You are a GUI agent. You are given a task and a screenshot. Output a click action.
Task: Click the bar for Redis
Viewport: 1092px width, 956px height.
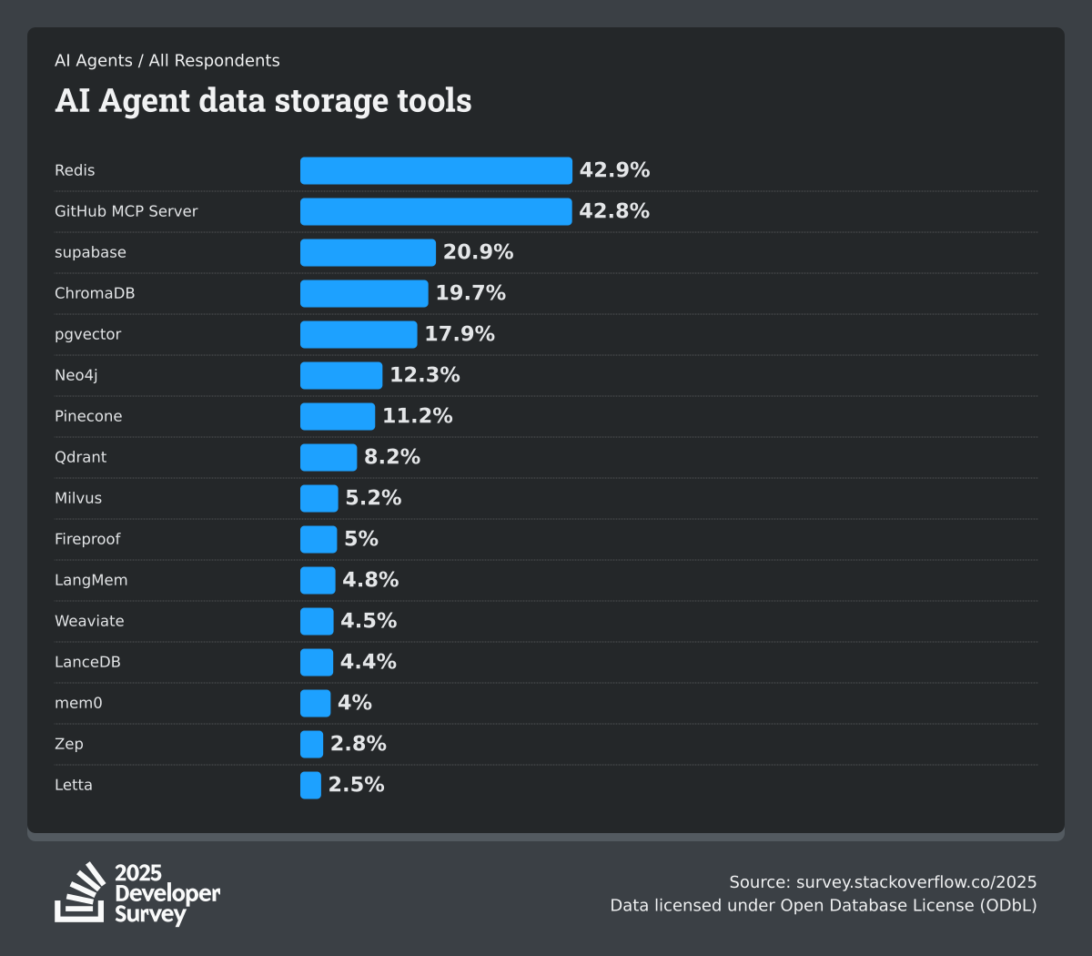tap(436, 170)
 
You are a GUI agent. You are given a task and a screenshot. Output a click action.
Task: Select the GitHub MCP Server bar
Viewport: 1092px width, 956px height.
tap(436, 211)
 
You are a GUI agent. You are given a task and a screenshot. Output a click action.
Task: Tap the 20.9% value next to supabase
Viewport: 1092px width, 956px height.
tap(478, 252)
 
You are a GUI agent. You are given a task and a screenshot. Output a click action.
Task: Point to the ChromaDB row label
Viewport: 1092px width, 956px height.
tap(95, 293)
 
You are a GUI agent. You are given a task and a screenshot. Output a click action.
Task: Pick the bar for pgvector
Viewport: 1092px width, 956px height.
tap(359, 334)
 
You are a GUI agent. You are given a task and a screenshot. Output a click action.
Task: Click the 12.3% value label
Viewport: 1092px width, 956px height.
tap(425, 375)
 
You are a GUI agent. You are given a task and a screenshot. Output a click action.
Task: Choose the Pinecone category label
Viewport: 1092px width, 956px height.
tap(88, 416)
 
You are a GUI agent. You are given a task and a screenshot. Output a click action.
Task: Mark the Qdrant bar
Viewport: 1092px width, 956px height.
tap(329, 457)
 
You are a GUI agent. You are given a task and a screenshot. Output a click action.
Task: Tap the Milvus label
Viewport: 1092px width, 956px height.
tap(78, 498)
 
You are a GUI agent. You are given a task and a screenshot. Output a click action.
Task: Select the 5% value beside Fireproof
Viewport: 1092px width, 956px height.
tap(361, 539)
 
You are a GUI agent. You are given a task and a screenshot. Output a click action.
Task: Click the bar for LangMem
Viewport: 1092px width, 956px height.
tap(318, 580)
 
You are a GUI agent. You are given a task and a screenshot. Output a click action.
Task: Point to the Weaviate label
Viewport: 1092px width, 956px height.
tap(89, 621)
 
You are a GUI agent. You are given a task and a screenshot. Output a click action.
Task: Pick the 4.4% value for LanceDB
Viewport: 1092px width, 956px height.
tap(369, 662)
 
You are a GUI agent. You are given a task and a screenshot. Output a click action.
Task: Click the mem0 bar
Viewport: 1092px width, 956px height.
tap(315, 703)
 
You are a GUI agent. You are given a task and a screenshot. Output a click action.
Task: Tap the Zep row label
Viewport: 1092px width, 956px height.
tap(69, 744)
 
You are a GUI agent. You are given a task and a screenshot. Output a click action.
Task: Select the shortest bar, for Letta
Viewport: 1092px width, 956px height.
tap(310, 785)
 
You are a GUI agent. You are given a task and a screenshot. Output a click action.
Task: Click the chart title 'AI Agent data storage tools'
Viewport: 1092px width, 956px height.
tap(263, 100)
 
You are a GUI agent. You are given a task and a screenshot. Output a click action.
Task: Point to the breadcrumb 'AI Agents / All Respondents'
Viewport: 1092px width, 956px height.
tap(167, 61)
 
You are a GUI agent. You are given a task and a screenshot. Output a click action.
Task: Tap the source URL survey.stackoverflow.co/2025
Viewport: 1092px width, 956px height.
tap(916, 881)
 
